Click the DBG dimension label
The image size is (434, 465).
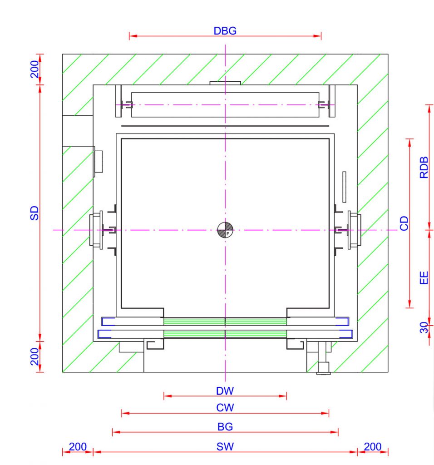pyautogui.click(x=225, y=31)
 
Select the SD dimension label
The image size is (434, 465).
pyautogui.click(x=35, y=213)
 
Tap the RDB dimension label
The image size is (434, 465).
pyautogui.click(x=424, y=168)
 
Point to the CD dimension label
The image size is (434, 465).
pyautogui.click(x=404, y=223)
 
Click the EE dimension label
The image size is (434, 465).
pyautogui.click(x=424, y=278)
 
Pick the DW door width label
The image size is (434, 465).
pyautogui.click(x=225, y=391)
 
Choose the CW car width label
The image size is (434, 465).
pyautogui.click(x=225, y=408)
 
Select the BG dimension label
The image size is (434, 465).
pyautogui.click(x=225, y=427)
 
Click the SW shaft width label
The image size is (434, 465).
pyautogui.click(x=225, y=447)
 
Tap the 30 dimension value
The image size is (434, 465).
pyautogui.click(x=424, y=327)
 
